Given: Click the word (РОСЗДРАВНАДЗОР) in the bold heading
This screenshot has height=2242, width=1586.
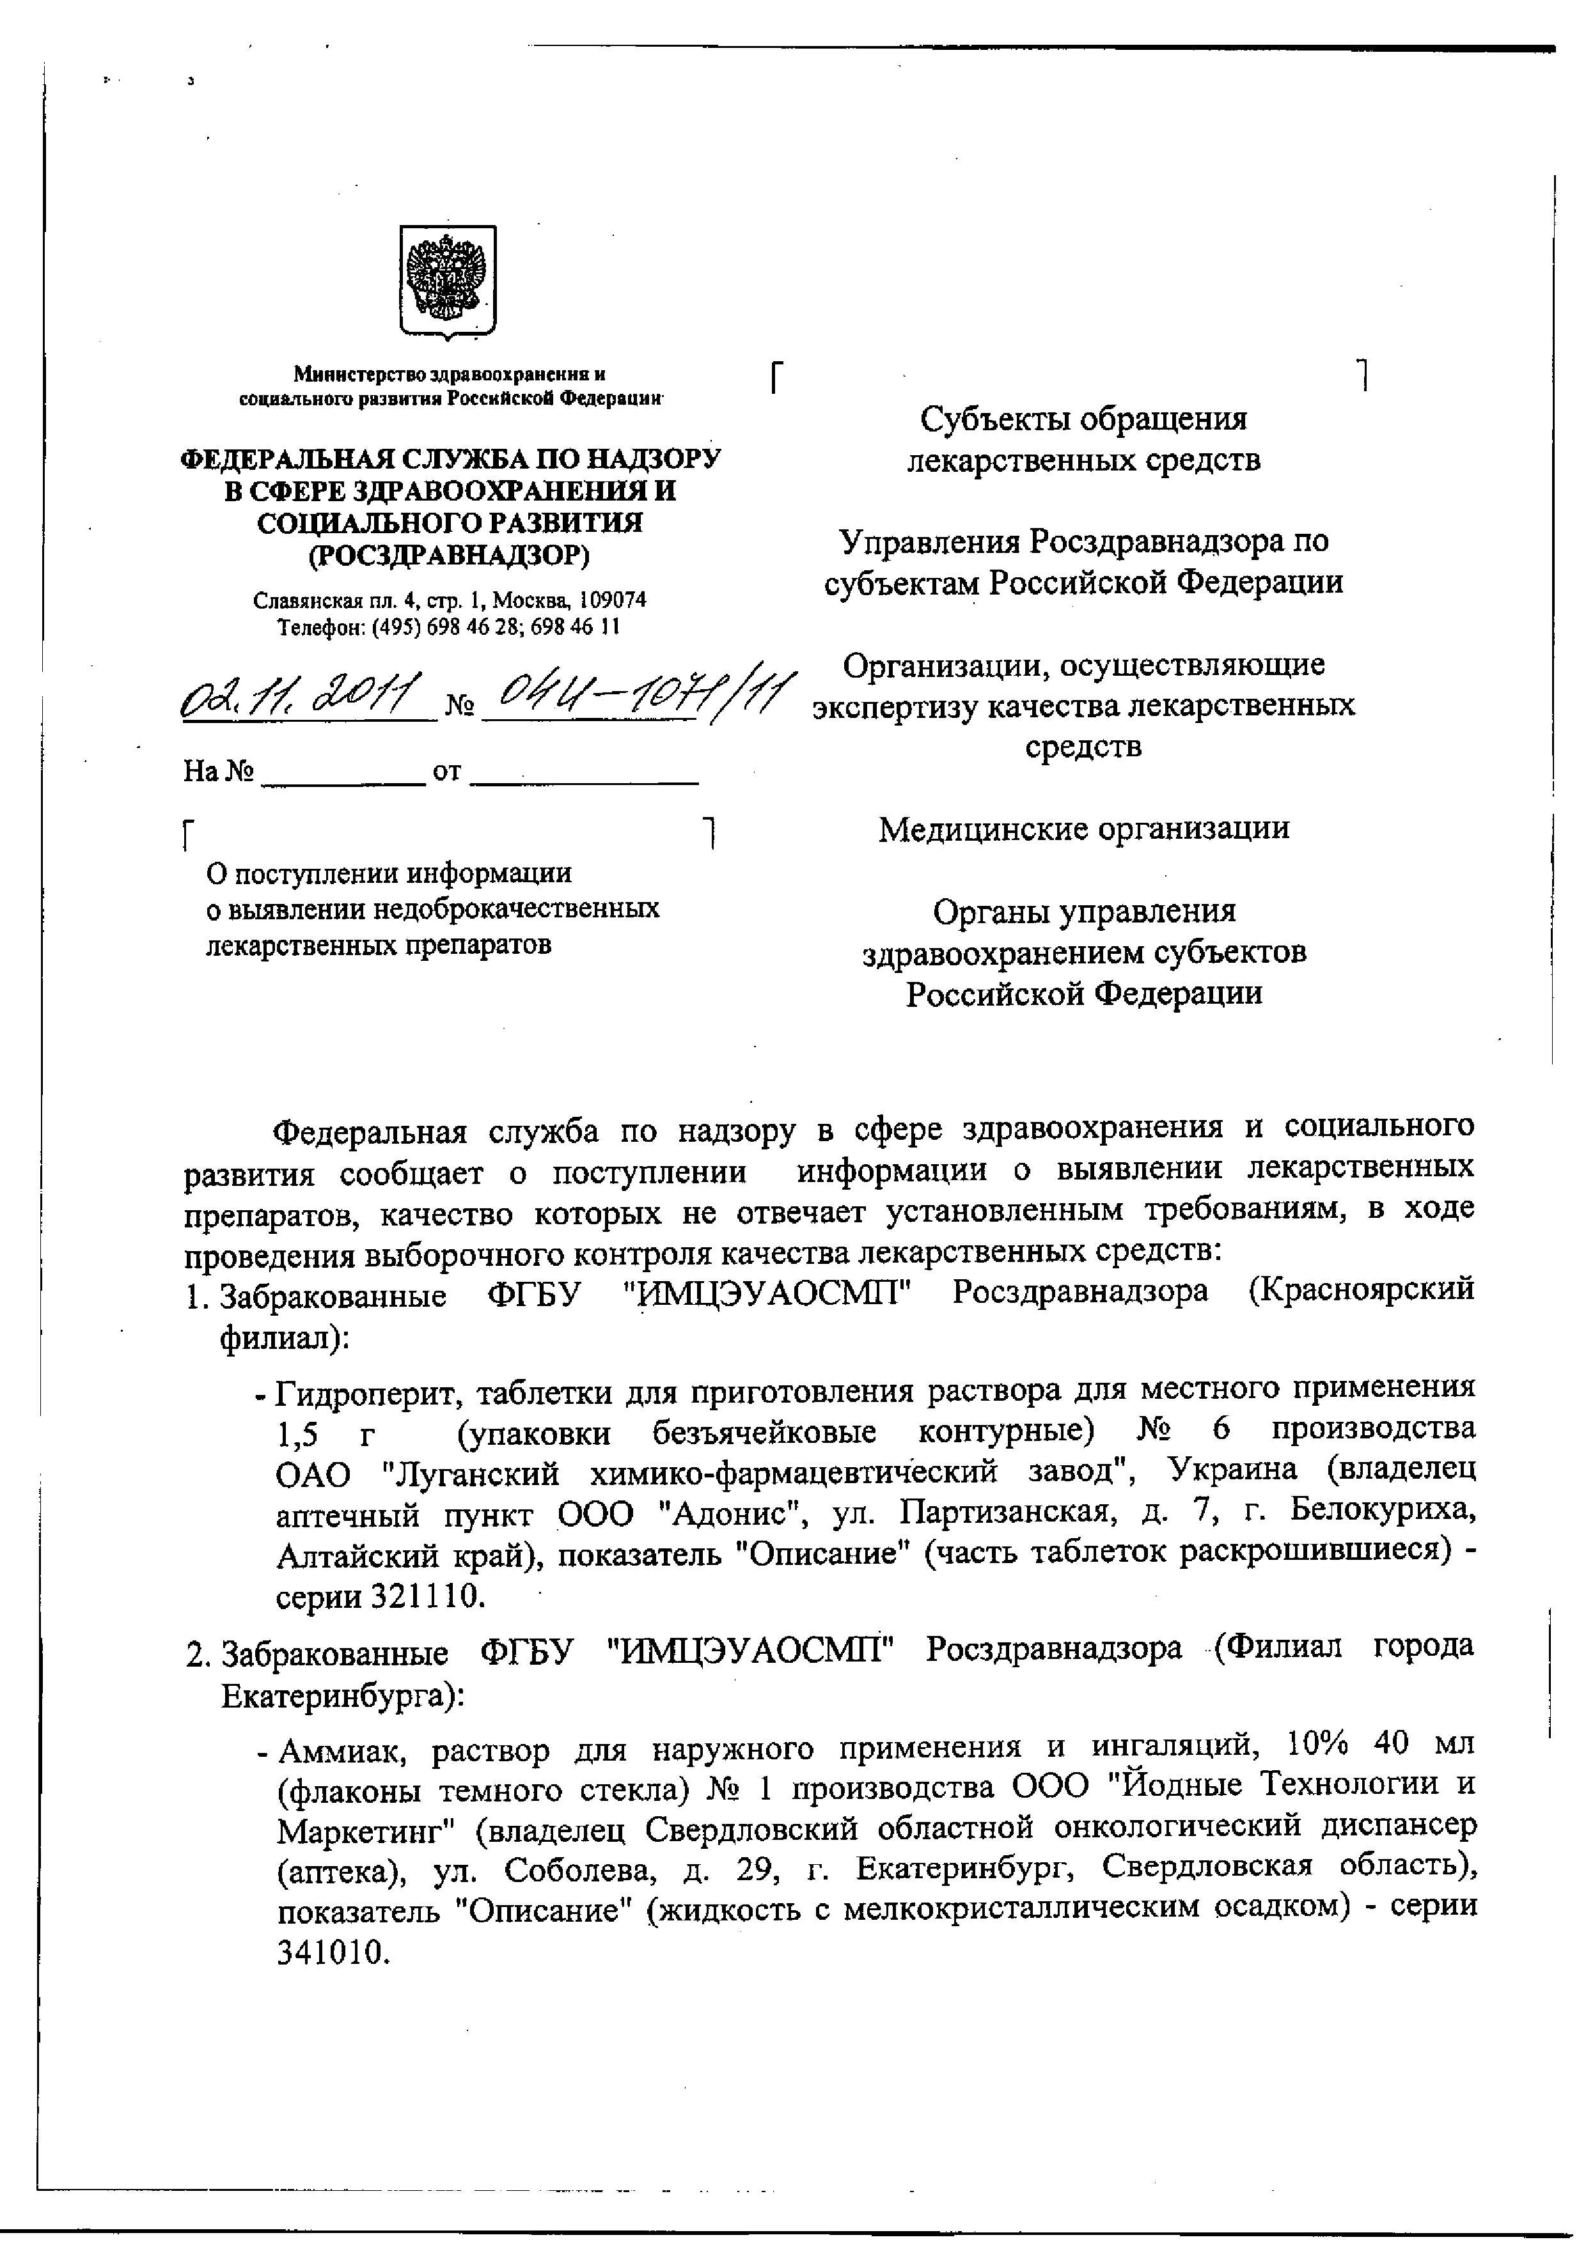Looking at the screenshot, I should (449, 555).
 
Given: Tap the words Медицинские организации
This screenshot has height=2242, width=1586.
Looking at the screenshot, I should (1084, 828).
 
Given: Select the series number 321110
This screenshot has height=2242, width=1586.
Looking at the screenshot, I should (427, 1596).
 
